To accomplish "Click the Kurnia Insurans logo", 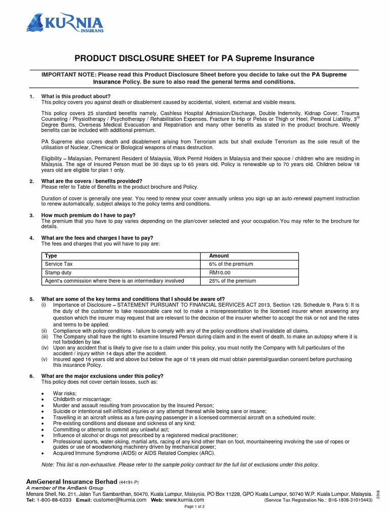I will (x=65, y=23).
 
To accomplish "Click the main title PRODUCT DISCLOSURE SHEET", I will (x=194, y=59).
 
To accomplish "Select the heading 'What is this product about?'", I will (x=75, y=96).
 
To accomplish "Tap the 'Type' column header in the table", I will (x=51, y=256).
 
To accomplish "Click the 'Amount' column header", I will (x=219, y=256).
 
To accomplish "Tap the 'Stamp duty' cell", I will (x=58, y=273).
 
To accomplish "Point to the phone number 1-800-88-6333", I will (x=54, y=500).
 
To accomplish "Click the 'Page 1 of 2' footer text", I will (x=194, y=506).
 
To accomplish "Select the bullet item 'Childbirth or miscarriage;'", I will (x=83, y=399).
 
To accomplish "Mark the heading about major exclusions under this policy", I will (x=102, y=376).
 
